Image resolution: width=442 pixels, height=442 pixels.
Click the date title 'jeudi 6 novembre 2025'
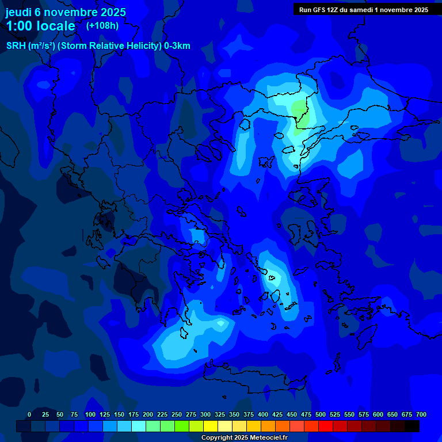(x=66, y=12)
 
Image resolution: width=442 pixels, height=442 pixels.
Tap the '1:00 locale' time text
(x=40, y=26)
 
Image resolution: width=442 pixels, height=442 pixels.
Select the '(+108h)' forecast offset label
(x=103, y=26)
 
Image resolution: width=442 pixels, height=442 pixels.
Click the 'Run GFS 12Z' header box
(x=363, y=9)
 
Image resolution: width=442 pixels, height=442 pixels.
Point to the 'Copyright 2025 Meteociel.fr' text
(x=244, y=437)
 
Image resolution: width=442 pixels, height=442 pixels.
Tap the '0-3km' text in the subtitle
(x=177, y=46)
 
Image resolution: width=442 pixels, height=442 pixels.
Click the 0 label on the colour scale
(x=29, y=414)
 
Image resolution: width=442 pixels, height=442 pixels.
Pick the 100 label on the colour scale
(x=90, y=414)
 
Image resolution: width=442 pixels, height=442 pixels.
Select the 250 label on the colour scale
(x=177, y=414)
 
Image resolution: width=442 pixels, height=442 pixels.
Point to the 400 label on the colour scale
(x=263, y=414)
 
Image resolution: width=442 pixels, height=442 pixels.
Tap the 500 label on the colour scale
(x=321, y=414)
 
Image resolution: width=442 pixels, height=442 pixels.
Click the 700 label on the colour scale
(x=421, y=414)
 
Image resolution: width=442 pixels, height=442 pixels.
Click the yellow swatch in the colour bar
(x=211, y=426)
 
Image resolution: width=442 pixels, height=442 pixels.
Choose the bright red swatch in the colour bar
(x=326, y=426)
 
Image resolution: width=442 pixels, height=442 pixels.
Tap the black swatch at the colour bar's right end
(x=412, y=426)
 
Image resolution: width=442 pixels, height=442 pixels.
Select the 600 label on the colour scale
(x=378, y=414)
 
